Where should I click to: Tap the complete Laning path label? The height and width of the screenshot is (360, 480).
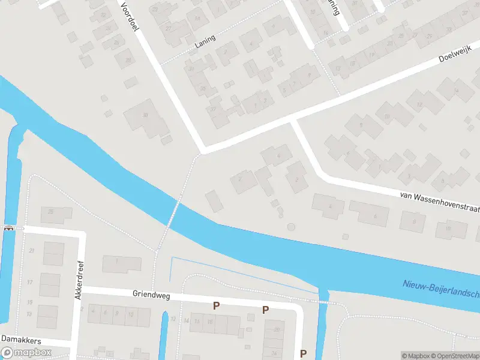click(205, 40)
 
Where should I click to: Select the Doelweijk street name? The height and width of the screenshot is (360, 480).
click(452, 57)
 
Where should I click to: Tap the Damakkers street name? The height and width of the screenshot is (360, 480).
click(20, 340)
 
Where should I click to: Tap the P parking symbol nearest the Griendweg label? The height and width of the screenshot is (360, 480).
click(217, 305)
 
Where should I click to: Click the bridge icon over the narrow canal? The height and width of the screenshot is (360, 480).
click(9, 228)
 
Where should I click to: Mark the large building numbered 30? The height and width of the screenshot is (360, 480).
click(146, 118)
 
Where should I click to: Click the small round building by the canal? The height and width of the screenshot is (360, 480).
click(292, 227)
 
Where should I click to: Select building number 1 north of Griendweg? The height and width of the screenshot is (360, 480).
click(121, 263)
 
